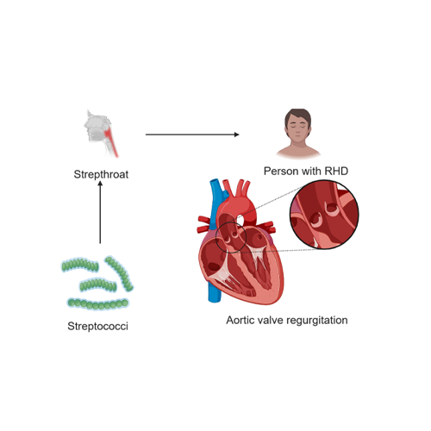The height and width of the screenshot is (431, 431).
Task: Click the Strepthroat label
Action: point(101,174)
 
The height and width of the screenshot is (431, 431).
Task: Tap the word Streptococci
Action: point(97,326)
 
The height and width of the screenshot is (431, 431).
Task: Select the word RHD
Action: point(336,171)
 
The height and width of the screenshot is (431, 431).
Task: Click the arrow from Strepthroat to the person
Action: point(192,134)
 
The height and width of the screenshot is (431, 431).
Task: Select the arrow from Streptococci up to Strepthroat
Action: point(100,213)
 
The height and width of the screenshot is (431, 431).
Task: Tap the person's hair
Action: point(298,116)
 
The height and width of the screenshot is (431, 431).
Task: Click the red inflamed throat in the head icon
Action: point(111,141)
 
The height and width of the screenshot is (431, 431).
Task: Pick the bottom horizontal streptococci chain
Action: point(98,304)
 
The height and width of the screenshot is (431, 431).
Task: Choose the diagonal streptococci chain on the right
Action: point(119,273)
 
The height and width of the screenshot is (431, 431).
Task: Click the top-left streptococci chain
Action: point(80,265)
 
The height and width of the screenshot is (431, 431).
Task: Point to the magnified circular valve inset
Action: point(324,215)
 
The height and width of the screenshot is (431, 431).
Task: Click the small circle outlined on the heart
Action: point(216,238)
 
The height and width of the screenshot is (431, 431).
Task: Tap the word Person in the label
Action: point(278,171)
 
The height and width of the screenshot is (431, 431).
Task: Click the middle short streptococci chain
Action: point(97,285)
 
